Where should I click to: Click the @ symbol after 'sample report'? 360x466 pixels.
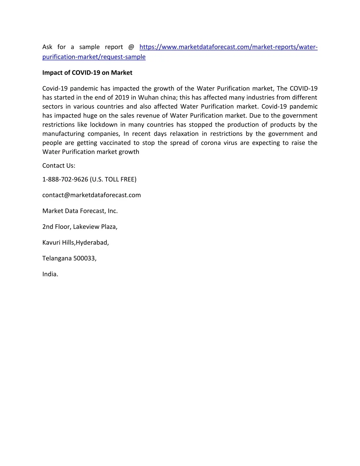tap(131, 47)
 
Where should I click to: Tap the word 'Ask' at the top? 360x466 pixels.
tap(47, 47)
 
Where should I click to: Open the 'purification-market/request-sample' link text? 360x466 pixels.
tap(94, 57)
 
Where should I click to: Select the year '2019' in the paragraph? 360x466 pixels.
tap(122, 98)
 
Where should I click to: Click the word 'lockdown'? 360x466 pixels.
tap(104, 125)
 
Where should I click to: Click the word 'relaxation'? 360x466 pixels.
tap(184, 134)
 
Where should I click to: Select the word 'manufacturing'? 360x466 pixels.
tap(63, 134)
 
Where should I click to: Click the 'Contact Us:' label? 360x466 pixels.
tap(59, 166)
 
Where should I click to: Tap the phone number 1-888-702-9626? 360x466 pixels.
tap(65, 179)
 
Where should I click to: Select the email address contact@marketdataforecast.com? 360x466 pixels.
tap(91, 195)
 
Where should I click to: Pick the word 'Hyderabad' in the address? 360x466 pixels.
tap(92, 243)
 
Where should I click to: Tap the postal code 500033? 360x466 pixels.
tap(84, 258)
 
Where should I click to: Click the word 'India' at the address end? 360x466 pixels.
tap(50, 274)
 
